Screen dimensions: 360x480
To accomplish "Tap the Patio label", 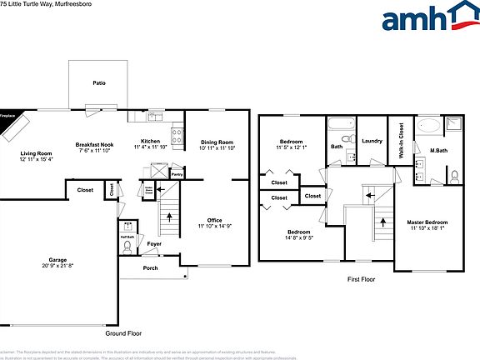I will [99, 82].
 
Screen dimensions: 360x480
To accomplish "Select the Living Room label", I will [36, 153].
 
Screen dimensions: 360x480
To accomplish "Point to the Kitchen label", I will [150, 142].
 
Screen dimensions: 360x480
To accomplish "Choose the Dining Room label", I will [217, 142].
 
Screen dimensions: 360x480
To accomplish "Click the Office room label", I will [214, 220].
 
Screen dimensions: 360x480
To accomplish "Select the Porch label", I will [151, 268].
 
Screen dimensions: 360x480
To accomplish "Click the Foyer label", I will [154, 244].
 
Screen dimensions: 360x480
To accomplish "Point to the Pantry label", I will [177, 175].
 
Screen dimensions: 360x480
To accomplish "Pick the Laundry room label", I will [372, 141].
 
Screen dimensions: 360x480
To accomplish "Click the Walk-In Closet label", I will [401, 141].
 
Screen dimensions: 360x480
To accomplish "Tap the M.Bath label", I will [437, 150].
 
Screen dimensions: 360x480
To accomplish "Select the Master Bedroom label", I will [427, 222].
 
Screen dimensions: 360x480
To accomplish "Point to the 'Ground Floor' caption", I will [123, 332].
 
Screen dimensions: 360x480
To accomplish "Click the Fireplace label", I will [8, 116].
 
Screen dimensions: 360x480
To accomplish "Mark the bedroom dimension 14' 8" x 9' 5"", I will [299, 237].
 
